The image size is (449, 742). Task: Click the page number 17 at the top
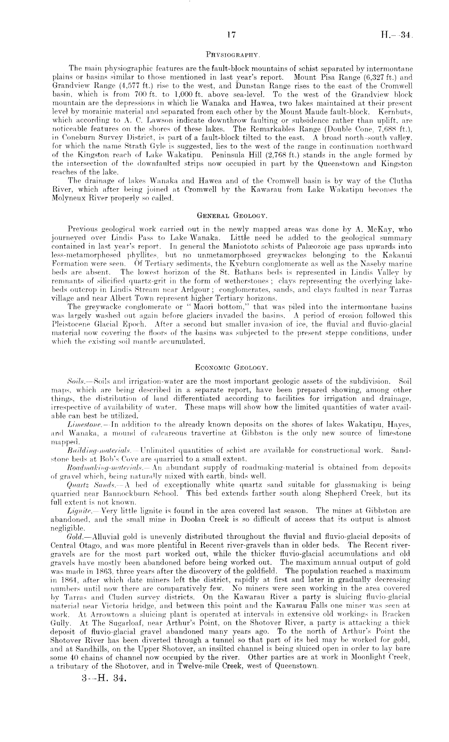click(231, 35)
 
